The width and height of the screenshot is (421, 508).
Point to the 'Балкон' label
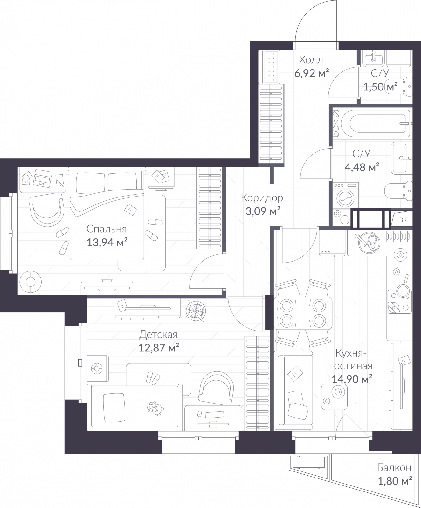(394, 467)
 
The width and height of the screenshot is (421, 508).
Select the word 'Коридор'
(262, 198)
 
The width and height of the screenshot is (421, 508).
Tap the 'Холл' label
(311, 60)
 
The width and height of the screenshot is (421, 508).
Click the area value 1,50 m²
(380, 86)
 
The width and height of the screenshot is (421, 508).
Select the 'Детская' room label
(158, 334)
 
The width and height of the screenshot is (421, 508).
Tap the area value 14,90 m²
(352, 379)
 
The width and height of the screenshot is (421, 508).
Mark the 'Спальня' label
(107, 229)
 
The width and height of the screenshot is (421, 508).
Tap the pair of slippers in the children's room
(153, 378)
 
